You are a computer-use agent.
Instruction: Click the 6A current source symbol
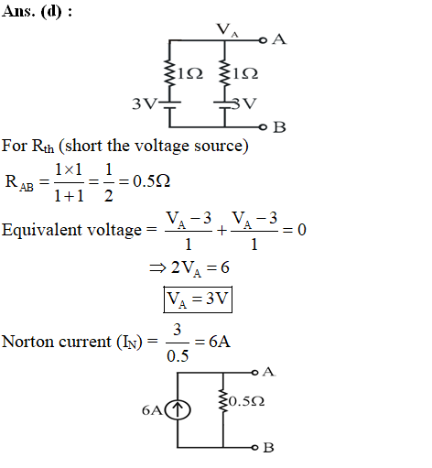pyautogui.click(x=178, y=409)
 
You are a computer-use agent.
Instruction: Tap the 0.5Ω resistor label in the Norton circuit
pyautogui.click(x=246, y=401)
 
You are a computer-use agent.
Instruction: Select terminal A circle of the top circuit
pyautogui.click(x=263, y=40)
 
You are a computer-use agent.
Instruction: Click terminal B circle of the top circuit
pyautogui.click(x=263, y=127)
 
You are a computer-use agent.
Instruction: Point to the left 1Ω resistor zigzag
pyautogui.click(x=169, y=72)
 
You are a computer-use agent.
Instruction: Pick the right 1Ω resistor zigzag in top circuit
pyautogui.click(x=225, y=72)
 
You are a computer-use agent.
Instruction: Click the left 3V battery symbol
pyautogui.click(x=169, y=104)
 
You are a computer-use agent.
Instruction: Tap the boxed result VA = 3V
pyautogui.click(x=198, y=299)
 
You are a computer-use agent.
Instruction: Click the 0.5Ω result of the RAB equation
pyautogui.click(x=152, y=181)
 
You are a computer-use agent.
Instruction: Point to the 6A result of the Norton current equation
pyautogui.click(x=220, y=342)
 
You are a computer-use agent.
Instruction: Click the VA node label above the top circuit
pyautogui.click(x=227, y=30)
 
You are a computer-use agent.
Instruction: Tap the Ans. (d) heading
pyautogui.click(x=37, y=12)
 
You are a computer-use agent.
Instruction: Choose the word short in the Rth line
pyautogui.click(x=83, y=146)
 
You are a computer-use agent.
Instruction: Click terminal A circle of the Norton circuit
pyautogui.click(x=255, y=373)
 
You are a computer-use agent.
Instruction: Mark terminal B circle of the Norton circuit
pyautogui.click(x=255, y=448)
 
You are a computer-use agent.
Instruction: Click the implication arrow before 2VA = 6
pyautogui.click(x=157, y=268)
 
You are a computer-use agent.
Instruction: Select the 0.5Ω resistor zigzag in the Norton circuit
pyautogui.click(x=223, y=400)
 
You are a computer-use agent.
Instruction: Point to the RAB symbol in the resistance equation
pyautogui.click(x=19, y=182)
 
